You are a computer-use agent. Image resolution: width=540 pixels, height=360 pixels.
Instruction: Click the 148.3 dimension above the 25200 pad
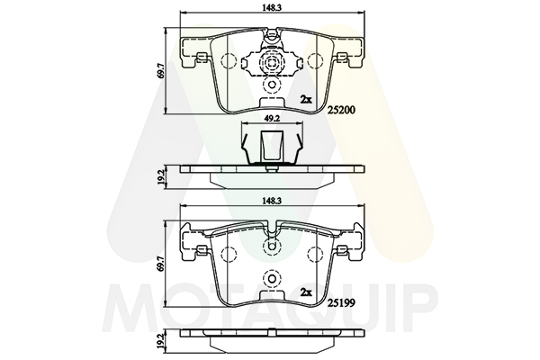[272, 8]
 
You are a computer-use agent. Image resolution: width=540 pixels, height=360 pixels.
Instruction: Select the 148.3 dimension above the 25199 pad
[272, 202]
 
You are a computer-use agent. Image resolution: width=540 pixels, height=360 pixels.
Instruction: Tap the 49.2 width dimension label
[272, 118]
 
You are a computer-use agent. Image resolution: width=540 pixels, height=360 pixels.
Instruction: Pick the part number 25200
[341, 110]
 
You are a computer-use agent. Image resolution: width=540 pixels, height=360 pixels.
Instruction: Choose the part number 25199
[341, 303]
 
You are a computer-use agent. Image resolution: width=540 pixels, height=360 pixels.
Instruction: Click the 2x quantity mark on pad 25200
[306, 100]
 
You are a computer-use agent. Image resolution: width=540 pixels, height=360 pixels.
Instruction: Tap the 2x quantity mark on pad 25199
[306, 292]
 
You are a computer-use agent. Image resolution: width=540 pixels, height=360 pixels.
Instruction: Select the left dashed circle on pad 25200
[229, 61]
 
